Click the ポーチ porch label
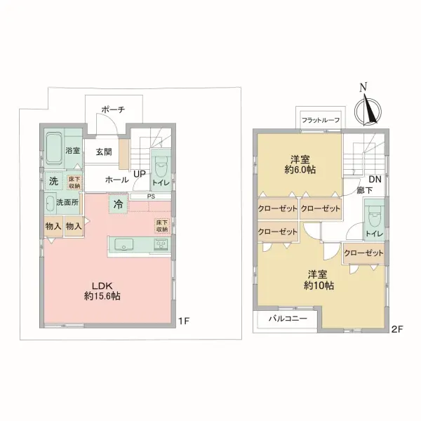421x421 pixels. point(113,109)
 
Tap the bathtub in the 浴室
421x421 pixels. point(54,149)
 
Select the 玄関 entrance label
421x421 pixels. point(104,152)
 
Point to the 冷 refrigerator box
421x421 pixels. point(118,204)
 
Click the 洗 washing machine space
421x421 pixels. point(54,181)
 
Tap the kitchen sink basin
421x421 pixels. point(123,245)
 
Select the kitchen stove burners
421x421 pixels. point(161,245)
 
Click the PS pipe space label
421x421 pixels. point(151,196)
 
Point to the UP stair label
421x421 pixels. point(140,174)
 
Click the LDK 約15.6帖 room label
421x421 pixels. point(102,290)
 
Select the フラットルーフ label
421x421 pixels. point(321,120)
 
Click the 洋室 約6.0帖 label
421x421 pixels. point(300,165)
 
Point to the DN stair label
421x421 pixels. point(375,179)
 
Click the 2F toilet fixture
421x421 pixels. point(375,216)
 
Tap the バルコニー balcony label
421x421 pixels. point(288,319)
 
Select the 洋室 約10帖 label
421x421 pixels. point(319,280)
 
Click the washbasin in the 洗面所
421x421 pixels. point(50,203)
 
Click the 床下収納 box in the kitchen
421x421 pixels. point(162,225)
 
